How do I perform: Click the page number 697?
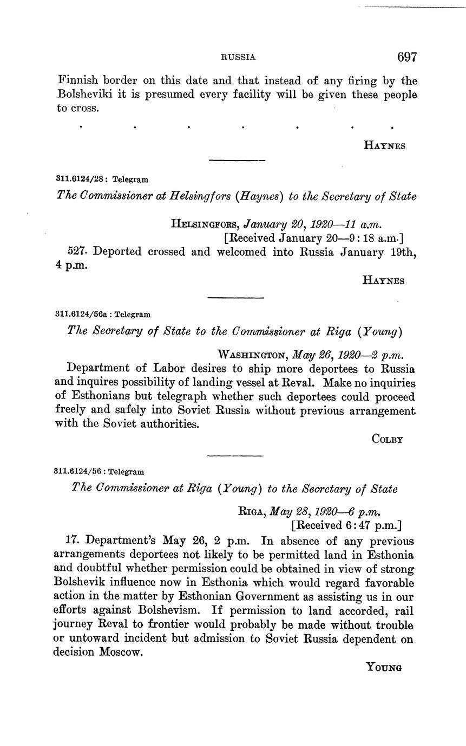tap(407, 57)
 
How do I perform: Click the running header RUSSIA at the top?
tap(238, 57)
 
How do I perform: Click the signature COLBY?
tap(388, 439)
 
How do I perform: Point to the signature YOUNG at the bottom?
tap(384, 667)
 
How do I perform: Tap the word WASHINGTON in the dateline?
tap(252, 355)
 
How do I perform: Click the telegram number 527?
tap(77, 252)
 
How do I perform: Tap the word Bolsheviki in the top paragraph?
tap(85, 95)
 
